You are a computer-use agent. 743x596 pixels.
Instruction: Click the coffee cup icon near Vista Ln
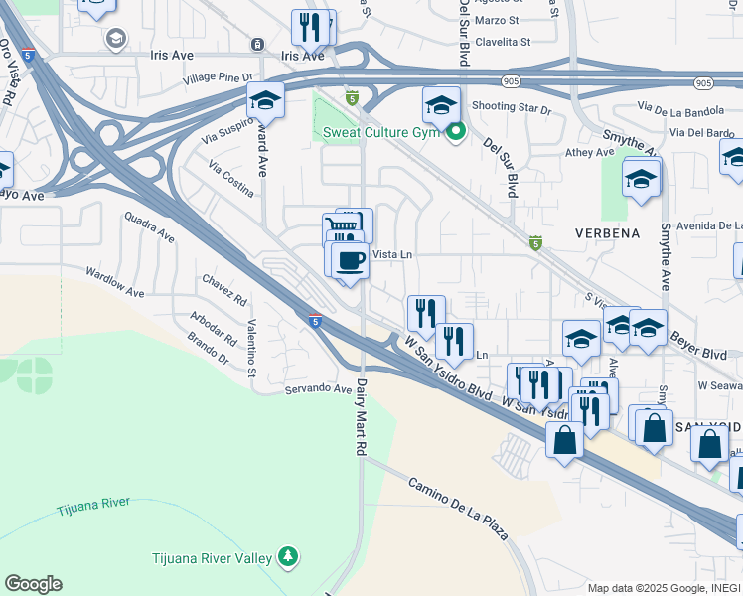(350, 261)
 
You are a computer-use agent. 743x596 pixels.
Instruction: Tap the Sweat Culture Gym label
(380, 133)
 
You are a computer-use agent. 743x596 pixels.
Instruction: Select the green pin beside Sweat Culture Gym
(456, 131)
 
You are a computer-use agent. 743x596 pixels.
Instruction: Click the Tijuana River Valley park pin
(288, 554)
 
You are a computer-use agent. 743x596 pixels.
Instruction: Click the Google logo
(33, 584)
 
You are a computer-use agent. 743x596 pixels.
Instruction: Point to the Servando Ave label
(319, 389)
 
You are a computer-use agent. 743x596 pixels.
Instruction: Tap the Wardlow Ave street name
(114, 282)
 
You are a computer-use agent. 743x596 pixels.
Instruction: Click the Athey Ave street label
(590, 152)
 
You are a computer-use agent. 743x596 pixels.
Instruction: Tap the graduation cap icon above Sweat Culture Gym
(441, 103)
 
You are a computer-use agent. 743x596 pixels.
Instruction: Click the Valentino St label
(252, 348)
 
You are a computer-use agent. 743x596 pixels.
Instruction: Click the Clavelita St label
(502, 42)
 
